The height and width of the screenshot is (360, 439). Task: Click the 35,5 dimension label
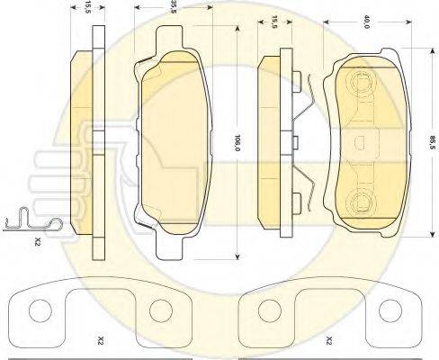tap(173, 6)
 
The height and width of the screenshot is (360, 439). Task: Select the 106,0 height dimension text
tap(237, 142)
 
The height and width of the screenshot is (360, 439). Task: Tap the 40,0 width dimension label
tap(366, 22)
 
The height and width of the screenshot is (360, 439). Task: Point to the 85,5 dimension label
tap(433, 142)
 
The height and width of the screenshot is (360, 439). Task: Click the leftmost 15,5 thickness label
tap(87, 6)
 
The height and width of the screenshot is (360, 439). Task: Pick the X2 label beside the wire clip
tap(37, 241)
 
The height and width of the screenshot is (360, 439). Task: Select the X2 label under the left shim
tap(101, 340)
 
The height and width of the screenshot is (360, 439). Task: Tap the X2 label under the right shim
tap(329, 340)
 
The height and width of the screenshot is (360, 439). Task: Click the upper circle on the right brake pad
tap(360, 81)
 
